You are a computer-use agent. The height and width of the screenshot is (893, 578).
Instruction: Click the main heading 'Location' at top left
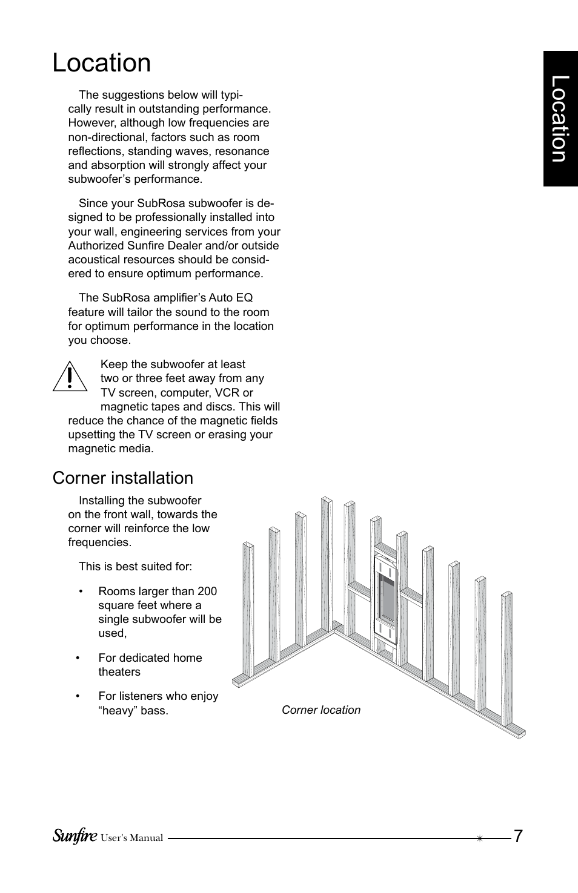102,63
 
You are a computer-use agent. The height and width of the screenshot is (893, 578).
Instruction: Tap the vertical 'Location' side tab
560,119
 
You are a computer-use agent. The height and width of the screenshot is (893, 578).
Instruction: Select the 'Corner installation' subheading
123,478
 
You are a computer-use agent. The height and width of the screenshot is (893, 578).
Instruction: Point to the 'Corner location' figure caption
321,710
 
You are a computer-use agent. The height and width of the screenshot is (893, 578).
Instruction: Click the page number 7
518,837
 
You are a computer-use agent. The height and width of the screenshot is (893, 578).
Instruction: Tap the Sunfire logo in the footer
75,836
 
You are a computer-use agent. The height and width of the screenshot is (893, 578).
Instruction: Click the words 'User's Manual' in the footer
131,839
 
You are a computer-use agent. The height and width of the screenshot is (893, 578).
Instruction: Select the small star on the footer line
479,839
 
